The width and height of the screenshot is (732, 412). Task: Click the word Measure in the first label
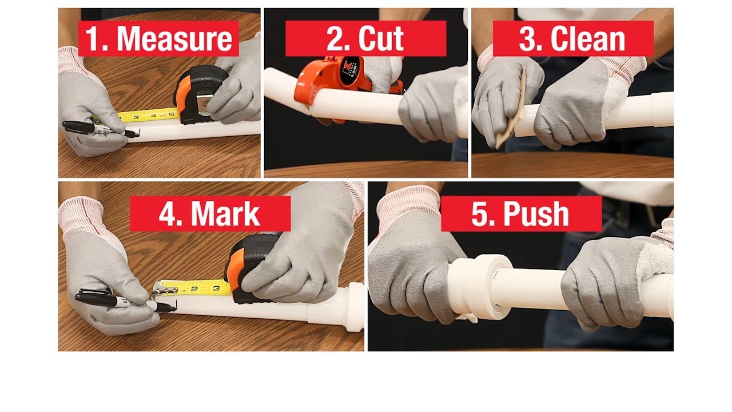tap(174, 39)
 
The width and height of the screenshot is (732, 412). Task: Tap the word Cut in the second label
tap(381, 39)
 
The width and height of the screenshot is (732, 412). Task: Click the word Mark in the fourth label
tap(225, 215)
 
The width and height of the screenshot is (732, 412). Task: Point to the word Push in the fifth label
tap(536, 215)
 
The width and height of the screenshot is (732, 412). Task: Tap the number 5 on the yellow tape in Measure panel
tap(171, 115)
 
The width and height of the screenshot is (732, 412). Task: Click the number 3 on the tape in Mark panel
tap(216, 288)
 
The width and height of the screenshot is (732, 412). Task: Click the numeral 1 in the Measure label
tap(94, 39)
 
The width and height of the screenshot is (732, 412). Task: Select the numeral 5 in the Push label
tap(479, 215)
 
